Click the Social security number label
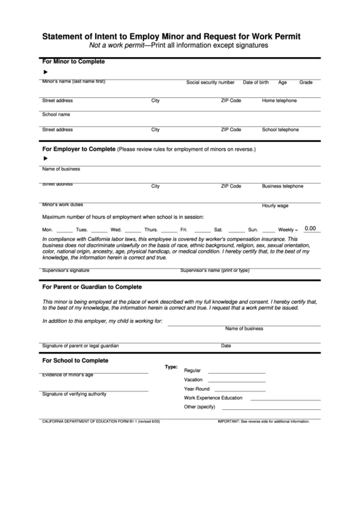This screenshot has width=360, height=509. pyautogui.click(x=211, y=82)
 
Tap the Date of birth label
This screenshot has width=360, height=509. pyautogui.click(x=256, y=82)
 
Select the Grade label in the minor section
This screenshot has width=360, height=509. pyautogui.click(x=306, y=82)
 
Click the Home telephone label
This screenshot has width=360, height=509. pyautogui.click(x=279, y=101)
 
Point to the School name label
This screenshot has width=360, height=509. pyautogui.click(x=56, y=114)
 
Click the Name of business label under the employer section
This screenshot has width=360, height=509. pyautogui.click(x=61, y=169)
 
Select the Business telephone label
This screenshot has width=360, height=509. pyautogui.click(x=283, y=186)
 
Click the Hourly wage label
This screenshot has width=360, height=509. pyautogui.click(x=275, y=205)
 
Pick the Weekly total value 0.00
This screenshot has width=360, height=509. pyautogui.click(x=310, y=228)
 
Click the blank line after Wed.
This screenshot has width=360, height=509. pyautogui.click(x=133, y=231)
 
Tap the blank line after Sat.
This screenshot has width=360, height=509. pyautogui.click(x=234, y=231)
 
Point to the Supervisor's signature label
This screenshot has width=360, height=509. pyautogui.click(x=66, y=270)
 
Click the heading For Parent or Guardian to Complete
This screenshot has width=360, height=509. pyautogui.click(x=92, y=287)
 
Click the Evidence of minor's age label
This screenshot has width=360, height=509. pyautogui.click(x=68, y=374)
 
